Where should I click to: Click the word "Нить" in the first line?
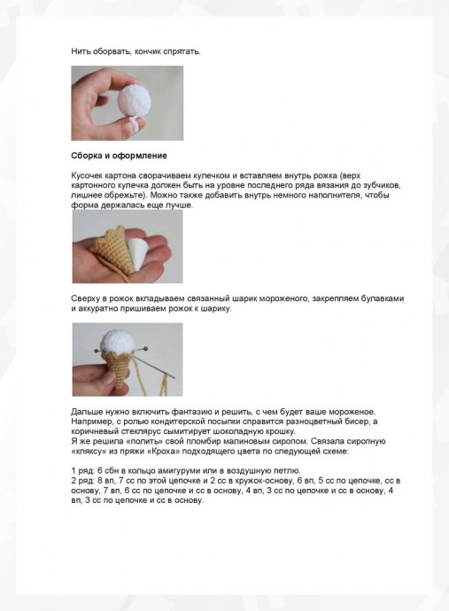click(x=81, y=51)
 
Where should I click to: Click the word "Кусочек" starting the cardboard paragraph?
click(x=89, y=176)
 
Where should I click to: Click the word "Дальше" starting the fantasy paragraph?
click(x=89, y=413)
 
